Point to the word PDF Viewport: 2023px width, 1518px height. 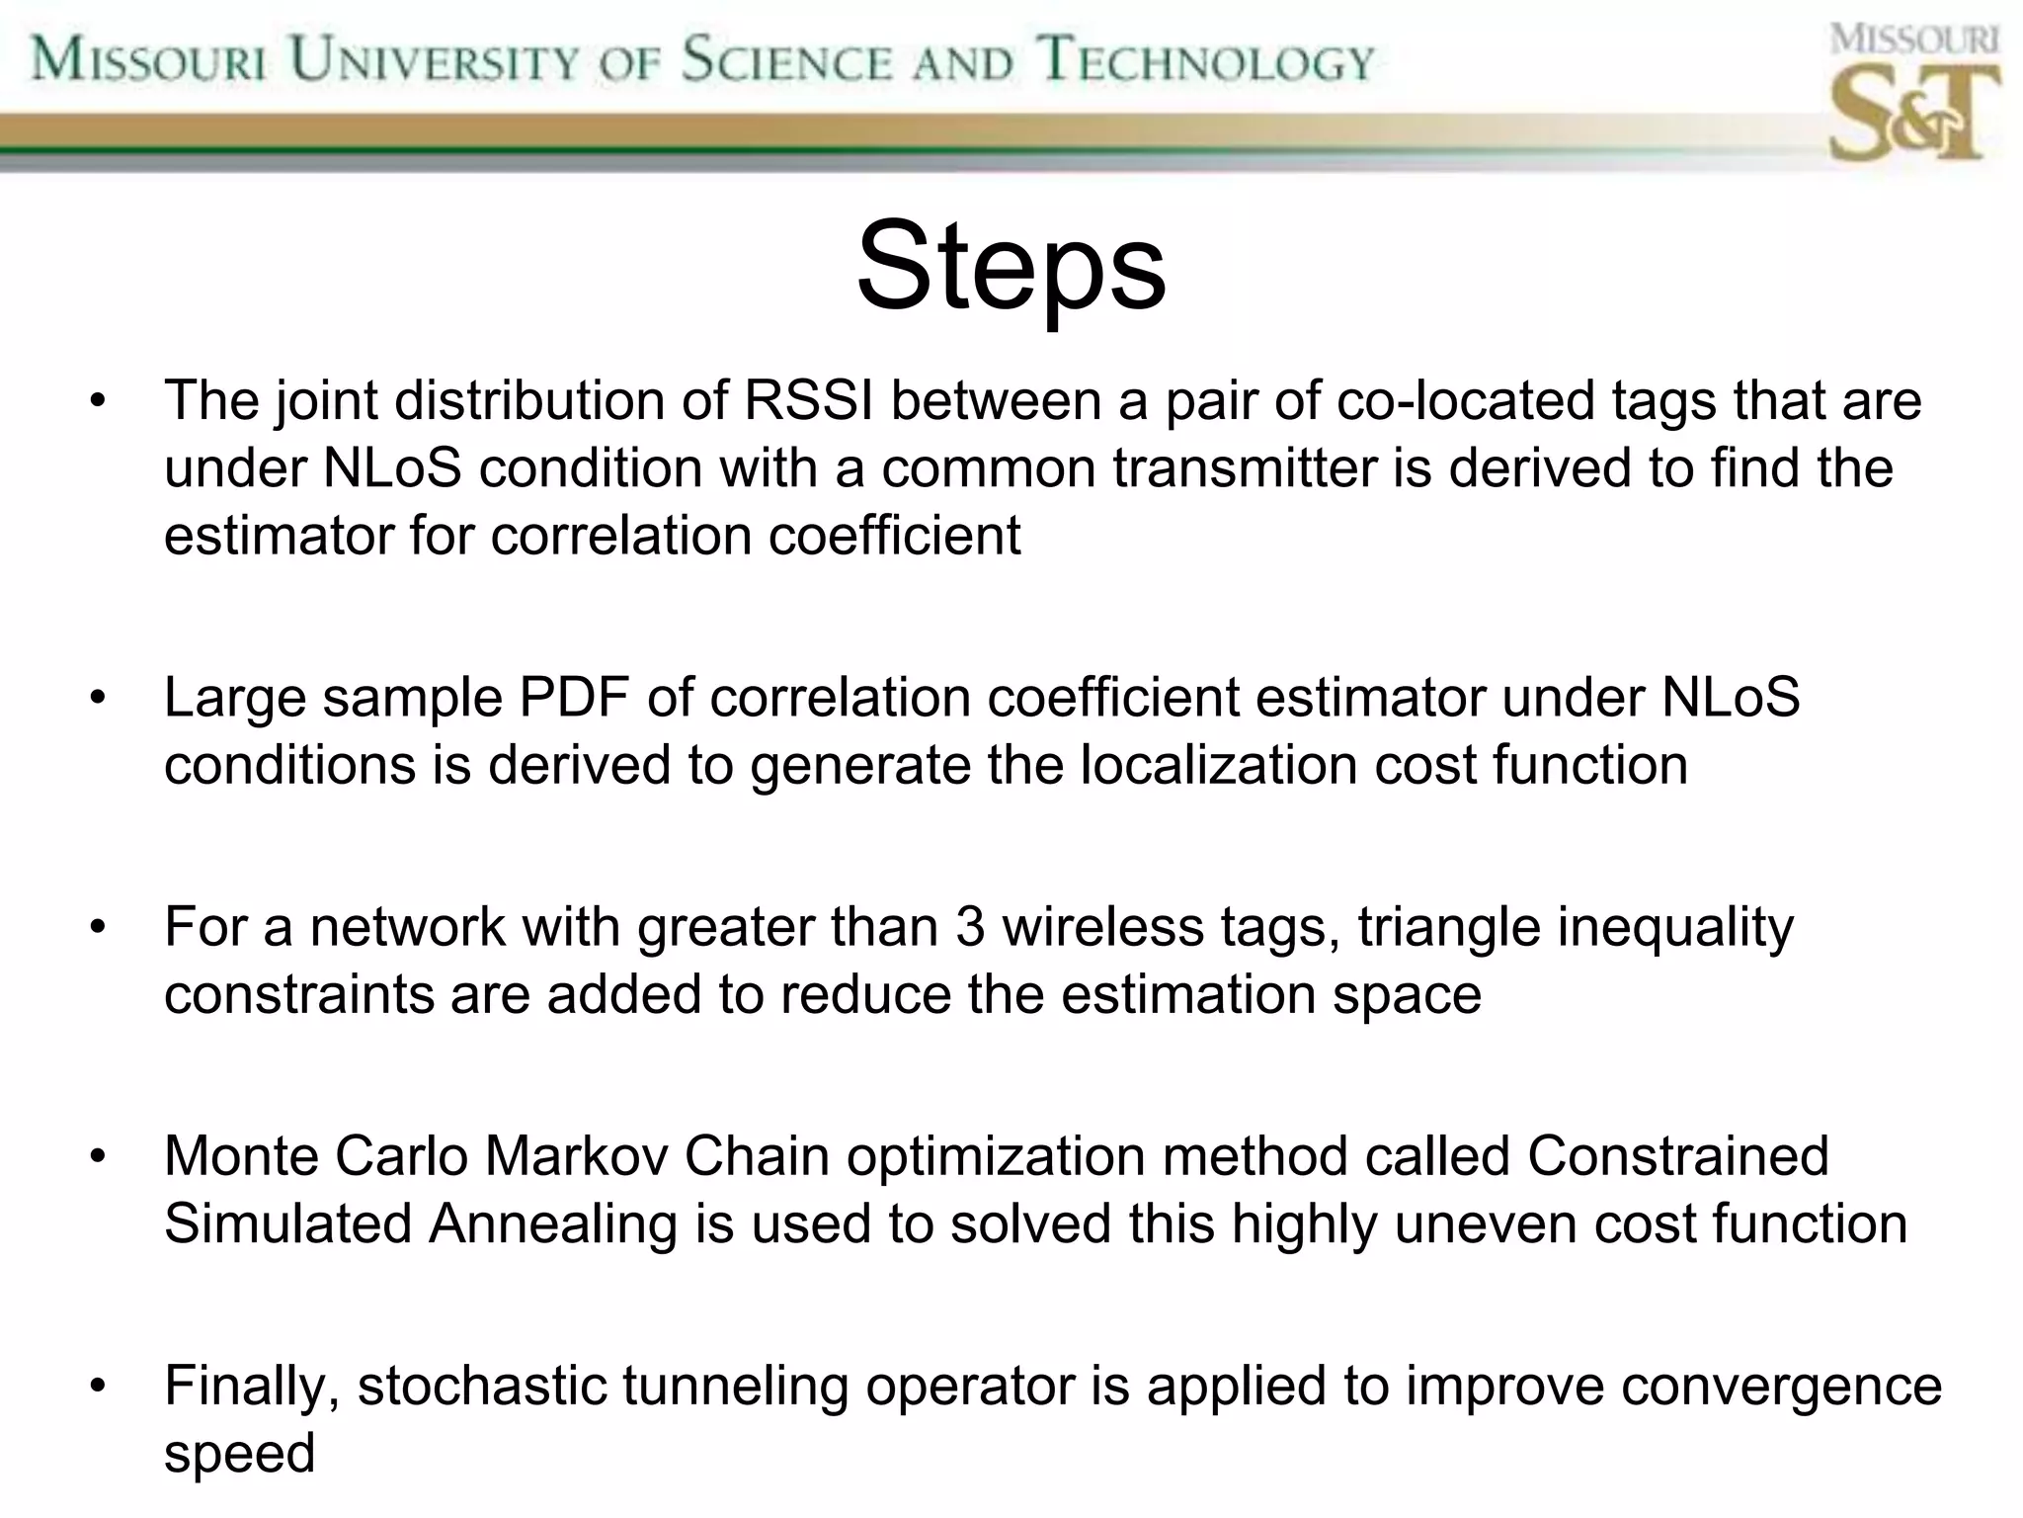574,698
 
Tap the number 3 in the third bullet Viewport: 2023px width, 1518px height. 970,927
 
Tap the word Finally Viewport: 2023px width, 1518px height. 252,1386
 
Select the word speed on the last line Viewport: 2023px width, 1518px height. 239,1453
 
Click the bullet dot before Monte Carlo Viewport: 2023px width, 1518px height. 97,1156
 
